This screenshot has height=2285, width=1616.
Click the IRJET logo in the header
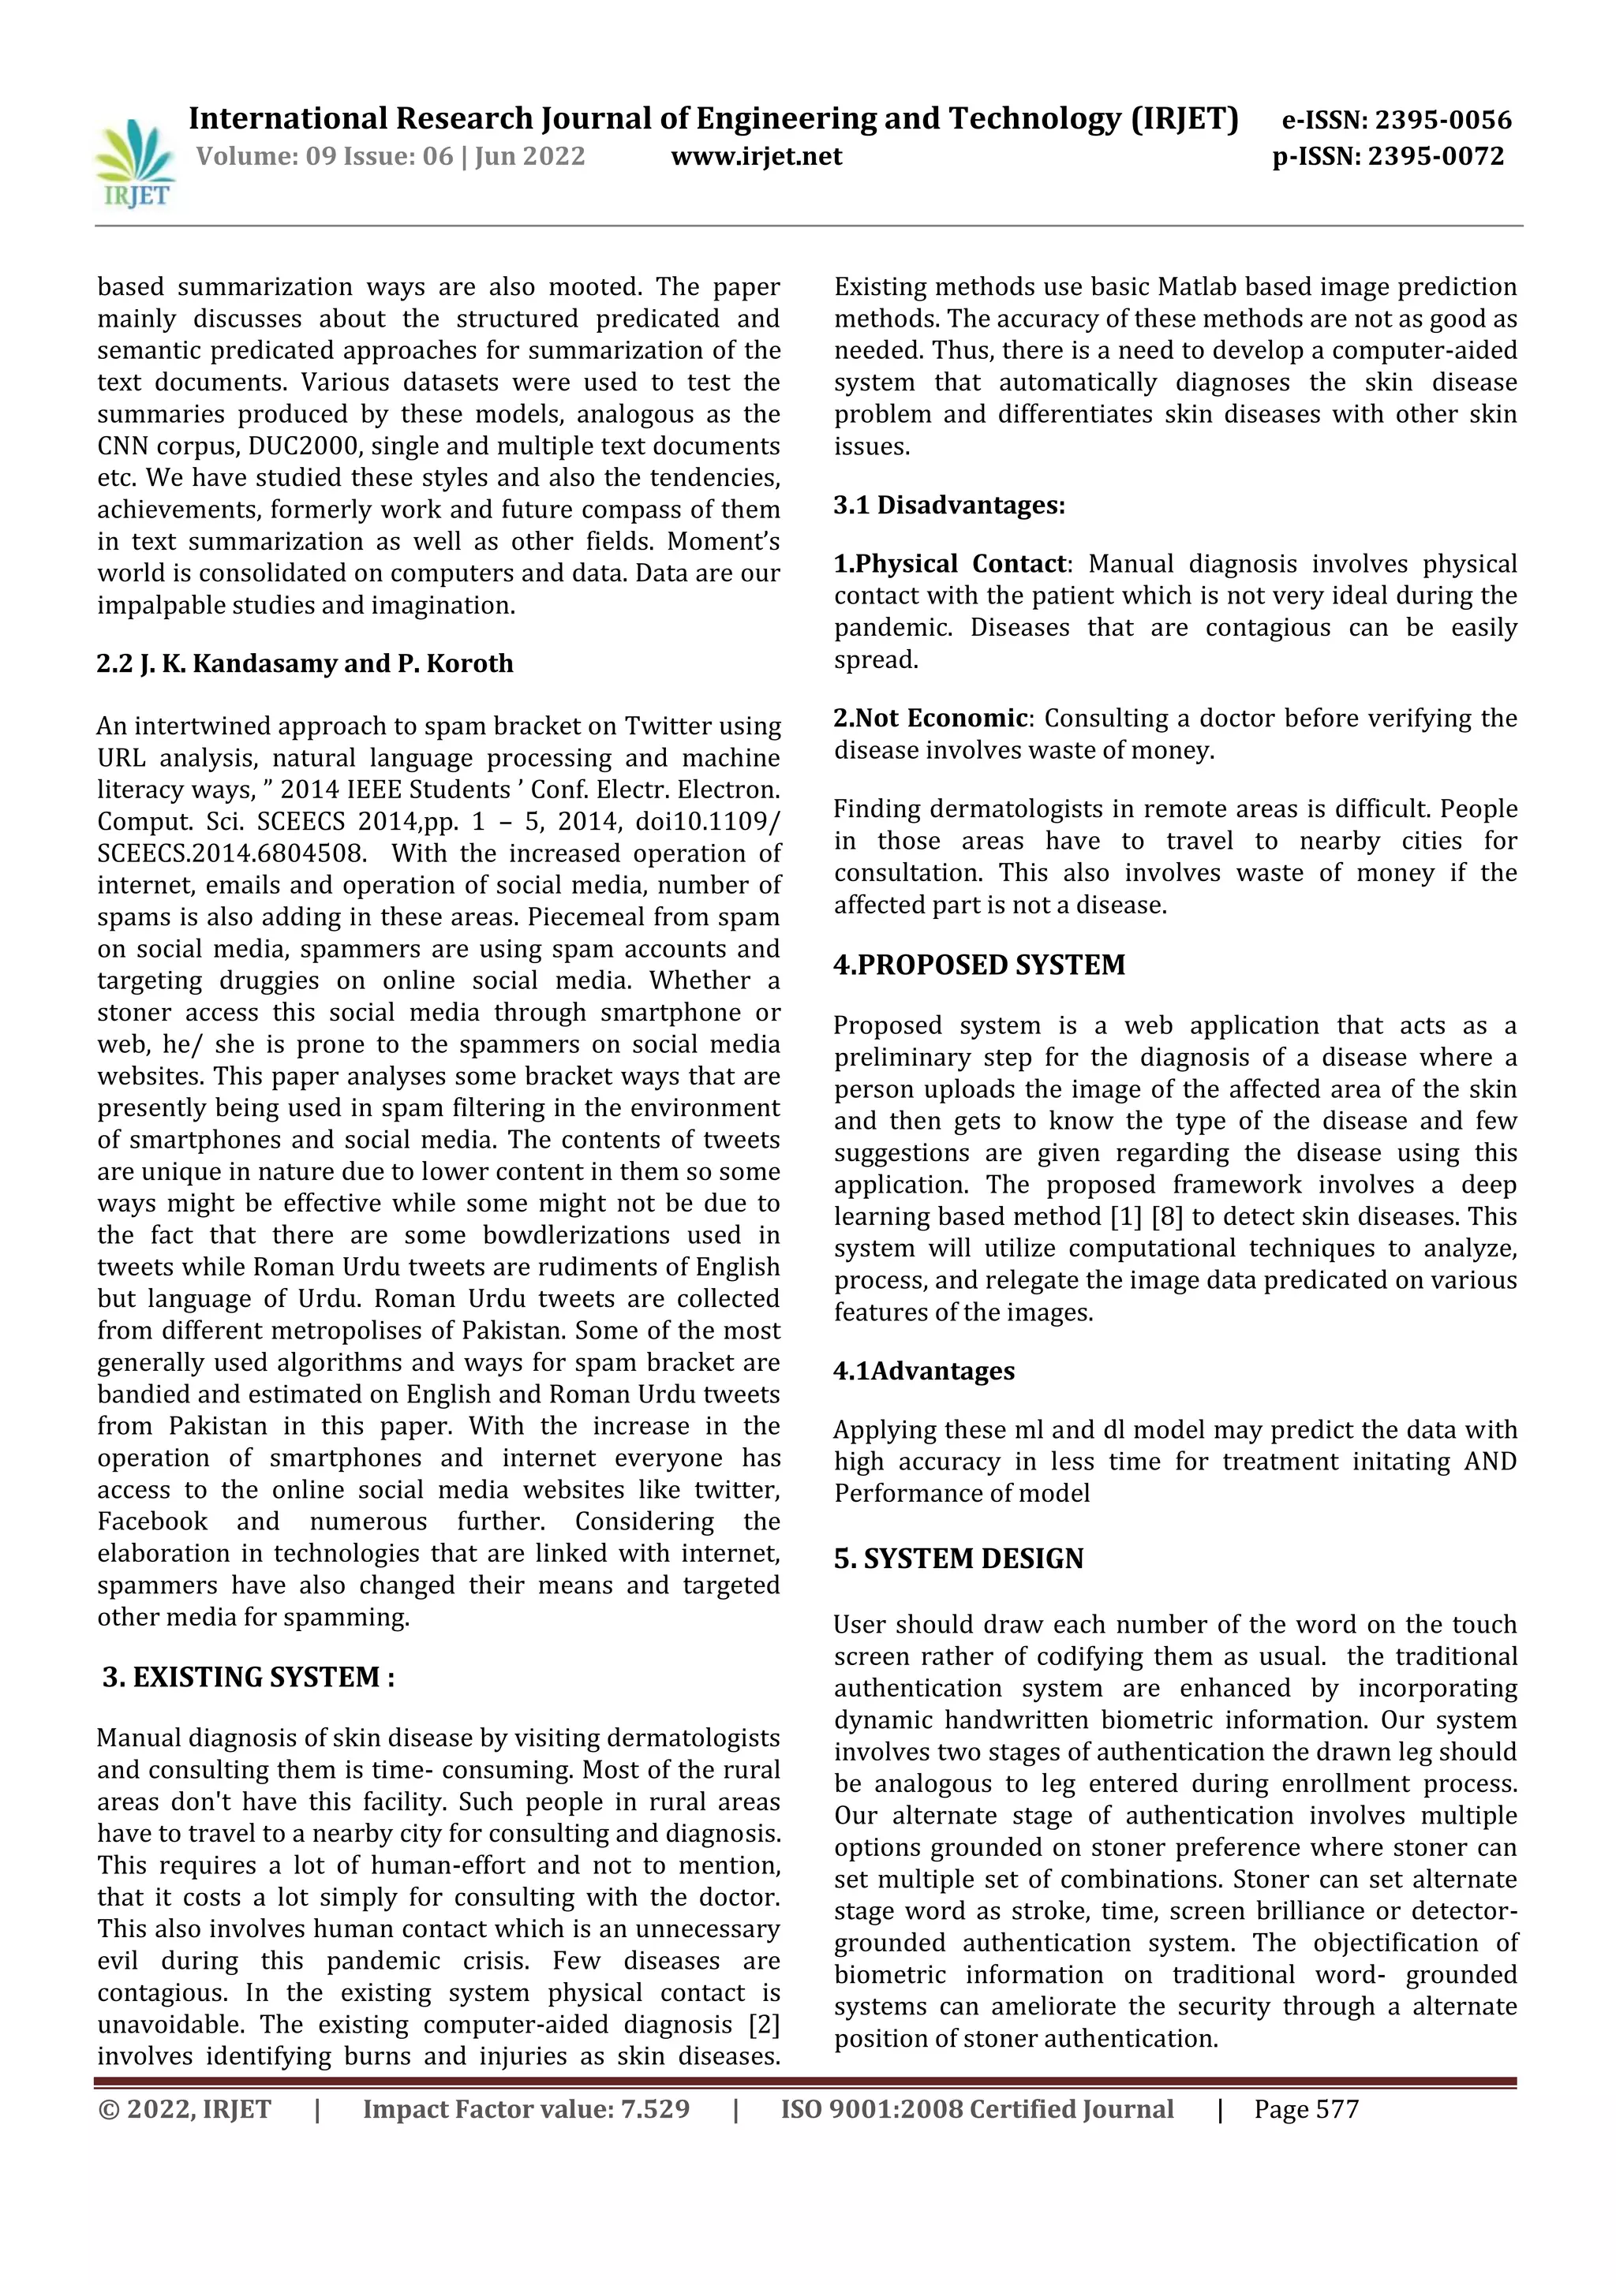point(133,163)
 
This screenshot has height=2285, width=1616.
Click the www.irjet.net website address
point(756,156)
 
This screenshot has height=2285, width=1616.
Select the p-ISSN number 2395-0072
point(1436,156)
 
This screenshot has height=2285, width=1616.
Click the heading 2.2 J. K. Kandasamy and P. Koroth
point(305,664)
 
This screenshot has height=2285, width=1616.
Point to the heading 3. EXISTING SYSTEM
point(249,1678)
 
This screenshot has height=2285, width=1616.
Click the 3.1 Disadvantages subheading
point(949,506)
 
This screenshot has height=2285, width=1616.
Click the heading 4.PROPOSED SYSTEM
point(978,965)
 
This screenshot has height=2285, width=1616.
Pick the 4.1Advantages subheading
point(923,1372)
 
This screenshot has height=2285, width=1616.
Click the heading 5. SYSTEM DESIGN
point(958,1559)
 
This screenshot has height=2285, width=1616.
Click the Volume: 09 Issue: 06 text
point(324,156)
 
